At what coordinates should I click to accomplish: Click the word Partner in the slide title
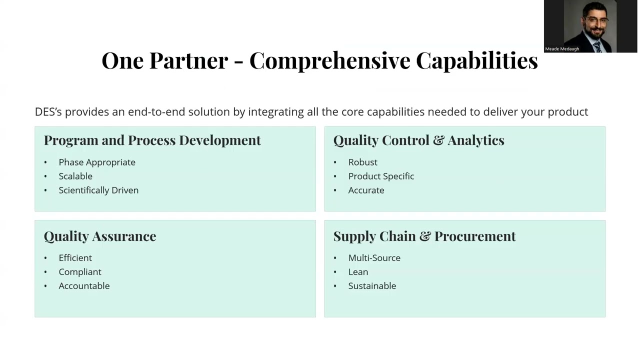[x=188, y=60]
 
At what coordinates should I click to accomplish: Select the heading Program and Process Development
[x=152, y=140]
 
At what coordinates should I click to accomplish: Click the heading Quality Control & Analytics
[x=418, y=140]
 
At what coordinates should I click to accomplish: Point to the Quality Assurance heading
[x=99, y=236]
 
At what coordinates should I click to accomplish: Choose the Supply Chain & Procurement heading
[x=424, y=236]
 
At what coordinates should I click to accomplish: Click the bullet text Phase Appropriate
[x=97, y=162]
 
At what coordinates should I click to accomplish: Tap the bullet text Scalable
[x=75, y=176]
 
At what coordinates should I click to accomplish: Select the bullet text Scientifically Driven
[x=98, y=190]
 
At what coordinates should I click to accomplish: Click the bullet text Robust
[x=362, y=162]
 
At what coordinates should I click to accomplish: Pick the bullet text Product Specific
[x=381, y=176]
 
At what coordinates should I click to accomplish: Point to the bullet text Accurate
[x=366, y=190]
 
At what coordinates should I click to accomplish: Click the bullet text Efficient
[x=75, y=257]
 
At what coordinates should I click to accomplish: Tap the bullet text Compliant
[x=80, y=271]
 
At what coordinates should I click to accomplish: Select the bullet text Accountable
[x=84, y=285]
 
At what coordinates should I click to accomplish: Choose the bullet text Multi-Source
[x=374, y=257]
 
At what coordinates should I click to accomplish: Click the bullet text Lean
[x=358, y=271]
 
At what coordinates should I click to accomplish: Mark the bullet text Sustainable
[x=372, y=285]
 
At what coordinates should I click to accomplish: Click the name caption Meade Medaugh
[x=562, y=49]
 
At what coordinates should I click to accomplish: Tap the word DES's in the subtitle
[x=48, y=111]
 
